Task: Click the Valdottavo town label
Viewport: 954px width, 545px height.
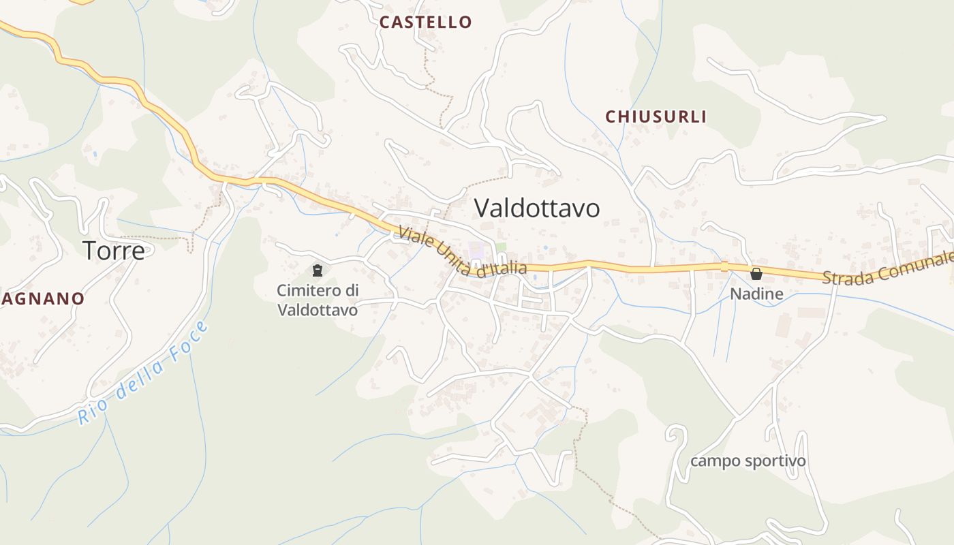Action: pos(537,208)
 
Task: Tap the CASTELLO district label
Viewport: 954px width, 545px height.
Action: pos(425,22)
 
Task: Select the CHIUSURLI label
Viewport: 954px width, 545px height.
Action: pos(656,116)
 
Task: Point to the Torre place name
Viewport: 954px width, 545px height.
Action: pos(114,251)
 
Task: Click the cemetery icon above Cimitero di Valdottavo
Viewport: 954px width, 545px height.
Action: pos(317,270)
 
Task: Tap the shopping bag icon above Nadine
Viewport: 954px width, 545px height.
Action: pos(756,274)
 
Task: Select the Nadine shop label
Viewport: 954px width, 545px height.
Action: pos(756,294)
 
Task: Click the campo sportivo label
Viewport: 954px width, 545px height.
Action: pos(748,461)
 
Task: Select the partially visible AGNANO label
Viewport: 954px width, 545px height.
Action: pos(42,298)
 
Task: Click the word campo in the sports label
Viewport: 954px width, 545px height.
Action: pos(715,461)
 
